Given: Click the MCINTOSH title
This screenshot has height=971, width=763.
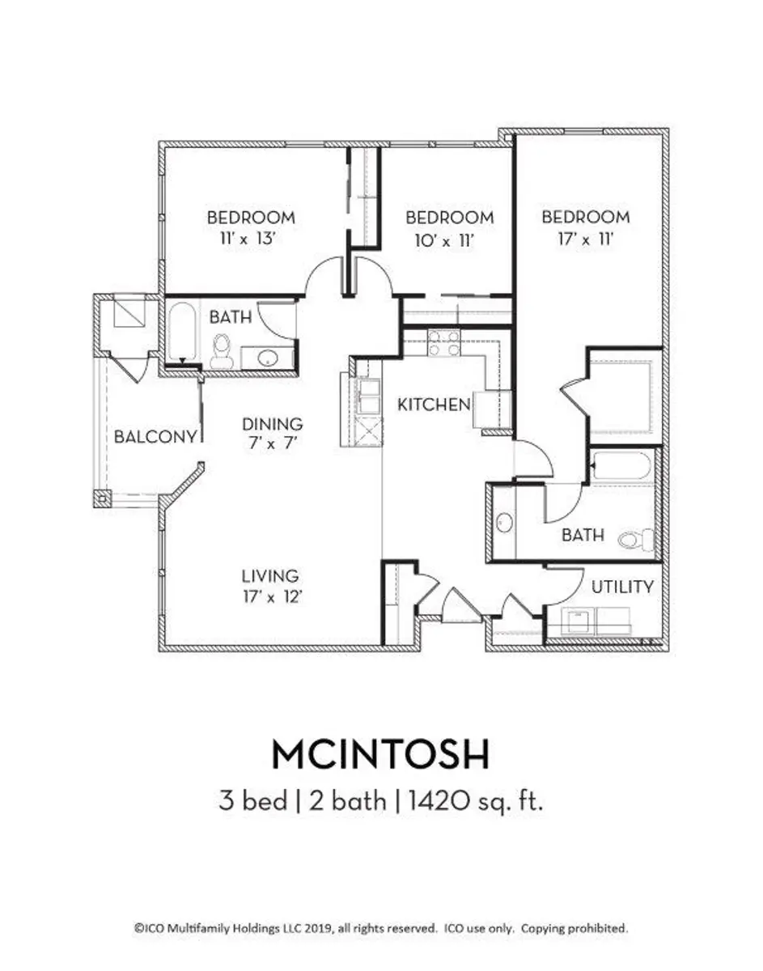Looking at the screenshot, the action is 380,755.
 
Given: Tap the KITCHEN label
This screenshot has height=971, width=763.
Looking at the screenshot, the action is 434,405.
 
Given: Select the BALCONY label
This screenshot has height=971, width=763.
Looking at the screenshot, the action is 155,437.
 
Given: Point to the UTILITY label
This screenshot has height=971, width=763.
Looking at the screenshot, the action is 622,587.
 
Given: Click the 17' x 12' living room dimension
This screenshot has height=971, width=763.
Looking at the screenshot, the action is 273,596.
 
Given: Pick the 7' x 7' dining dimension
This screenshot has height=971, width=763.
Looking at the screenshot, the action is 273,443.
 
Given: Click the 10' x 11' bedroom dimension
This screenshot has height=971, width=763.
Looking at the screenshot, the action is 444,241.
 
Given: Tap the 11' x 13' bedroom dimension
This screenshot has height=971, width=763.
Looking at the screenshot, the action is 246,239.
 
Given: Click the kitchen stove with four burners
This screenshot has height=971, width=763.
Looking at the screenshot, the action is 443,343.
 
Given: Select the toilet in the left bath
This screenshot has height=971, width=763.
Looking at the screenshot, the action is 221,352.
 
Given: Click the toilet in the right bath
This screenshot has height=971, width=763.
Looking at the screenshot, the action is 637,539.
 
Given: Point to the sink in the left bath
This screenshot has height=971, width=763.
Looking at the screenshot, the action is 268,358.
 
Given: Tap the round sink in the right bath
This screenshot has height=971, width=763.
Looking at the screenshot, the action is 505,523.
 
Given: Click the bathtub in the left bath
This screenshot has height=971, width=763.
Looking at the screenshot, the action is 183,332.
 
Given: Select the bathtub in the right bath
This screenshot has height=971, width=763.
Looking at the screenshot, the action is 623,467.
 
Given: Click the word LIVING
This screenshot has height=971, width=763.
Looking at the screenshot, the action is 269,576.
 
